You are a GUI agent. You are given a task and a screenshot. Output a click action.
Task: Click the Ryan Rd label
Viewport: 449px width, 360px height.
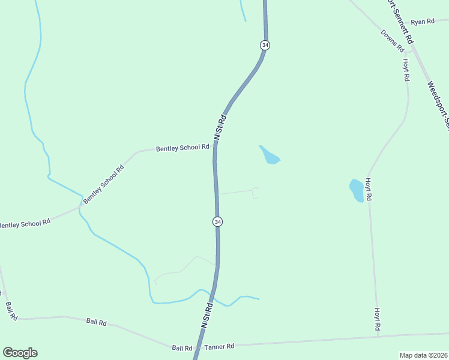pos(423,22)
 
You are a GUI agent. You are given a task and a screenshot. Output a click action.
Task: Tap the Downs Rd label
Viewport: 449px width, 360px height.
pos(393,40)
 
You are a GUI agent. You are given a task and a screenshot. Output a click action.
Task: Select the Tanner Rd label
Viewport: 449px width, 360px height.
pos(219,347)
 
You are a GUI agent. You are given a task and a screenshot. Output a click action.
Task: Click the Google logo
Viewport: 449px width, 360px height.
pos(20,353)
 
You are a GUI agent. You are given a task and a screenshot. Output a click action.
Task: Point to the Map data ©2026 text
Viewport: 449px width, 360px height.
pos(423,355)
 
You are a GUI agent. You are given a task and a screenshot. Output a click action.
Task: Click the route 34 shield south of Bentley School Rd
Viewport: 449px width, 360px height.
pos(217,221)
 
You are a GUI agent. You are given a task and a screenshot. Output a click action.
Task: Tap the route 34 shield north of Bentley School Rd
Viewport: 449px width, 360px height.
pos(265,45)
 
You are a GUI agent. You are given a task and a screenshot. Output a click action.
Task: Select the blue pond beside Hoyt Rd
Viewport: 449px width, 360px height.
pos(357,190)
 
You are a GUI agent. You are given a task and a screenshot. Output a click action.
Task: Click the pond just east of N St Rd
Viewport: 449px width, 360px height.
pos(270,155)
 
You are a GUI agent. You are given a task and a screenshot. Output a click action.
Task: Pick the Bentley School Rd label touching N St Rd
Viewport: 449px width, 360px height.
pos(182,148)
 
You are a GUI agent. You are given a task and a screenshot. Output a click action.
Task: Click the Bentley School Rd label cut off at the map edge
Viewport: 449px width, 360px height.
pos(24,224)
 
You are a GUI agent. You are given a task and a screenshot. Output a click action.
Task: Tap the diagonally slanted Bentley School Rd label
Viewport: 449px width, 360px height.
pos(103,184)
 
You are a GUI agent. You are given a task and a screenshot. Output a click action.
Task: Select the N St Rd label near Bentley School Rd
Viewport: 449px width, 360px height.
pos(220,127)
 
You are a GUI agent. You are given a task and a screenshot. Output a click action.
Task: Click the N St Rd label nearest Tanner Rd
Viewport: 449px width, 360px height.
pos(205,317)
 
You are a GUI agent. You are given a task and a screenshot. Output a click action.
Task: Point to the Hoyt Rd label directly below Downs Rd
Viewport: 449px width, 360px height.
pos(406,70)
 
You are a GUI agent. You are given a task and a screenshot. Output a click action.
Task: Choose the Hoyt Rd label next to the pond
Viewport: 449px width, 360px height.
pos(369,188)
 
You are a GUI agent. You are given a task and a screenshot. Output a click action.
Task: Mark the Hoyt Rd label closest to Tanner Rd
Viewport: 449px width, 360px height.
pos(378,319)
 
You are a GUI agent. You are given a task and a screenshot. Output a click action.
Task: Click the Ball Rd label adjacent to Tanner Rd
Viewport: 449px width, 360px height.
pos(182,348)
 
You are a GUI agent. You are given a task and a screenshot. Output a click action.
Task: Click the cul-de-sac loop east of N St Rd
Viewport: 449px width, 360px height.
pos(256,193)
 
